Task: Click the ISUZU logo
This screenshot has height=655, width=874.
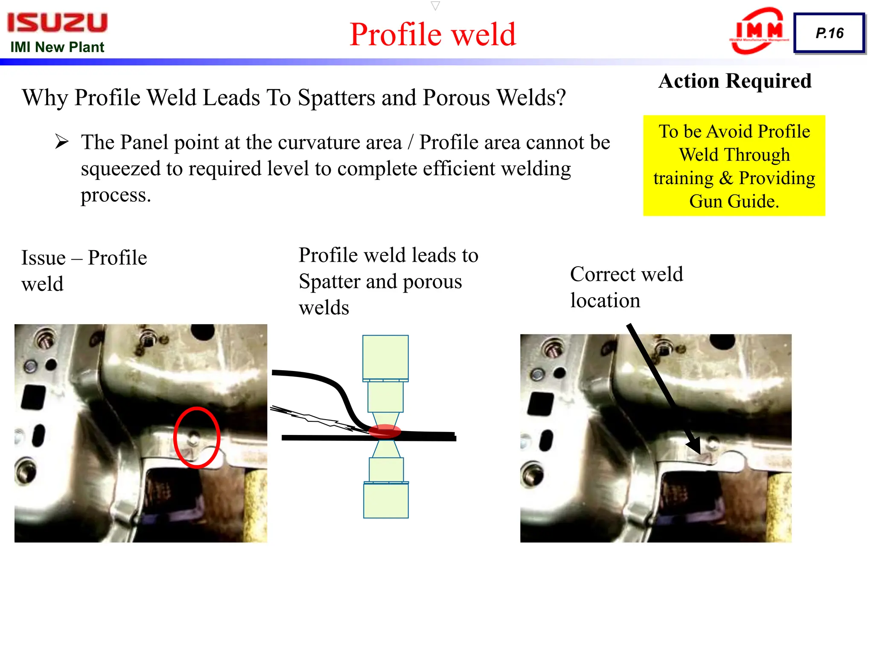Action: point(57,22)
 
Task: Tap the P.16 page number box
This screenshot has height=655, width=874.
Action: point(829,33)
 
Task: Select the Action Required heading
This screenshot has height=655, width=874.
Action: point(735,81)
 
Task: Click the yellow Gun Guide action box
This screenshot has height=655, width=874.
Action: point(734,165)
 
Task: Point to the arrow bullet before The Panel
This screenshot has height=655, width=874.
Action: point(62,142)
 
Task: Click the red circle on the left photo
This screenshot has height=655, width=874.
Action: point(197,437)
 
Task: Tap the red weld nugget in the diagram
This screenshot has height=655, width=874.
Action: point(385,431)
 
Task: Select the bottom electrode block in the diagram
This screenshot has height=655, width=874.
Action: point(386,500)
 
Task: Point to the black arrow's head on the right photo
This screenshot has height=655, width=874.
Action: point(695,446)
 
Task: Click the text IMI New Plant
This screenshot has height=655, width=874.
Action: point(57,47)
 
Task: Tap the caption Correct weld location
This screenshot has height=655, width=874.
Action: point(626,287)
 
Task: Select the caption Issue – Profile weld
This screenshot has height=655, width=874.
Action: point(84,270)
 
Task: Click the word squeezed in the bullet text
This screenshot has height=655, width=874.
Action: point(120,169)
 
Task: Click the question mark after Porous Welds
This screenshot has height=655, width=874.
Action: point(561,98)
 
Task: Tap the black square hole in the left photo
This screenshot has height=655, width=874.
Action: point(33,397)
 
